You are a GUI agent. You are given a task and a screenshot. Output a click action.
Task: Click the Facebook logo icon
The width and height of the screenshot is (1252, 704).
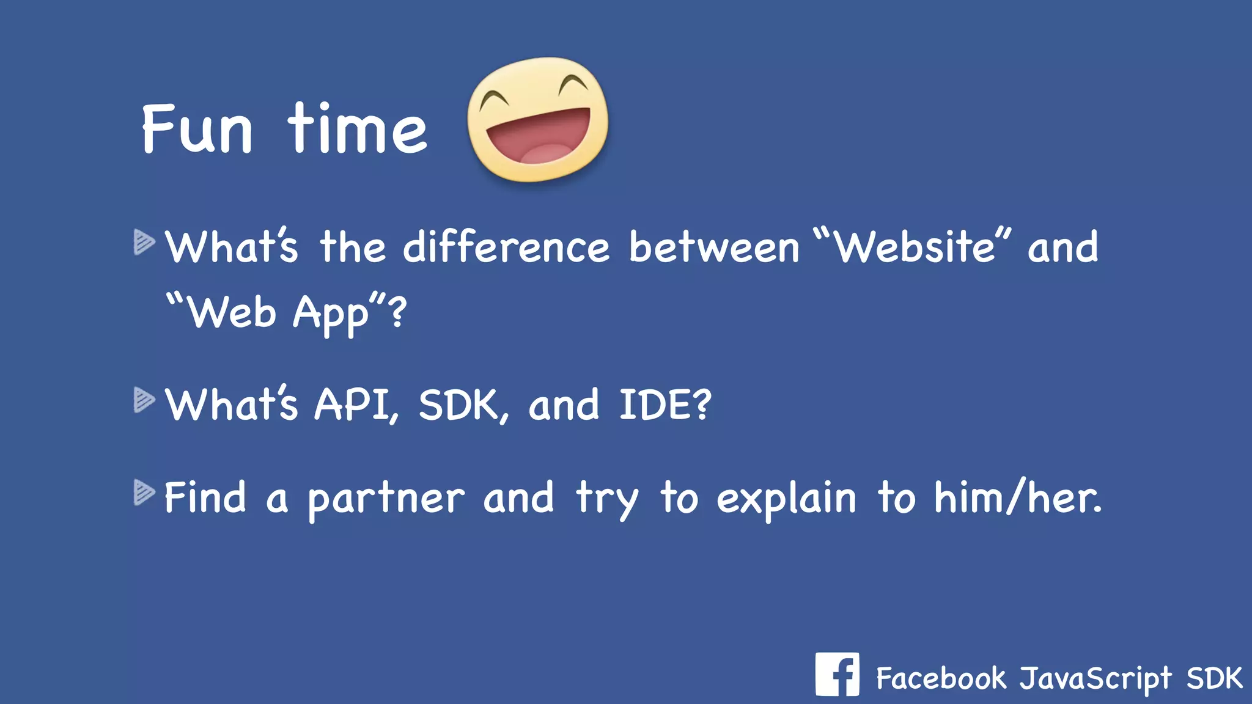pos(837,675)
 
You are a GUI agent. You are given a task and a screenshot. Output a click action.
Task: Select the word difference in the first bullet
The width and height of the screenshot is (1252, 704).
pos(506,248)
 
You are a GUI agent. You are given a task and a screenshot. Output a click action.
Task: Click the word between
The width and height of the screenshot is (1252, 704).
pos(714,248)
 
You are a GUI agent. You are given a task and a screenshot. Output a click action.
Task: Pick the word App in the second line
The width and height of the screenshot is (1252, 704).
pos(331,313)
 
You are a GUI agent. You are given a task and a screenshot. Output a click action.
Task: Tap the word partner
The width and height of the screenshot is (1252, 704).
pos(386,499)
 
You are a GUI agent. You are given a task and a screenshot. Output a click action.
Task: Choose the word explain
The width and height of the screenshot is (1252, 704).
pos(786,498)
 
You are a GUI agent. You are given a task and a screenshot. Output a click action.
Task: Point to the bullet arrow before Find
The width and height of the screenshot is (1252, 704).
pos(144,493)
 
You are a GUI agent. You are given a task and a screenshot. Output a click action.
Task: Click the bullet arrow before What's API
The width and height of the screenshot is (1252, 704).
pos(144,400)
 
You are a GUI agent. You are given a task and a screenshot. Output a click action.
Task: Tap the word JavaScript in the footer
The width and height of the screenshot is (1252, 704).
pos(1095,679)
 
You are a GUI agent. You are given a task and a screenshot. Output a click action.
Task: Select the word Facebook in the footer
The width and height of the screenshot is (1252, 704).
pos(941,678)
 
